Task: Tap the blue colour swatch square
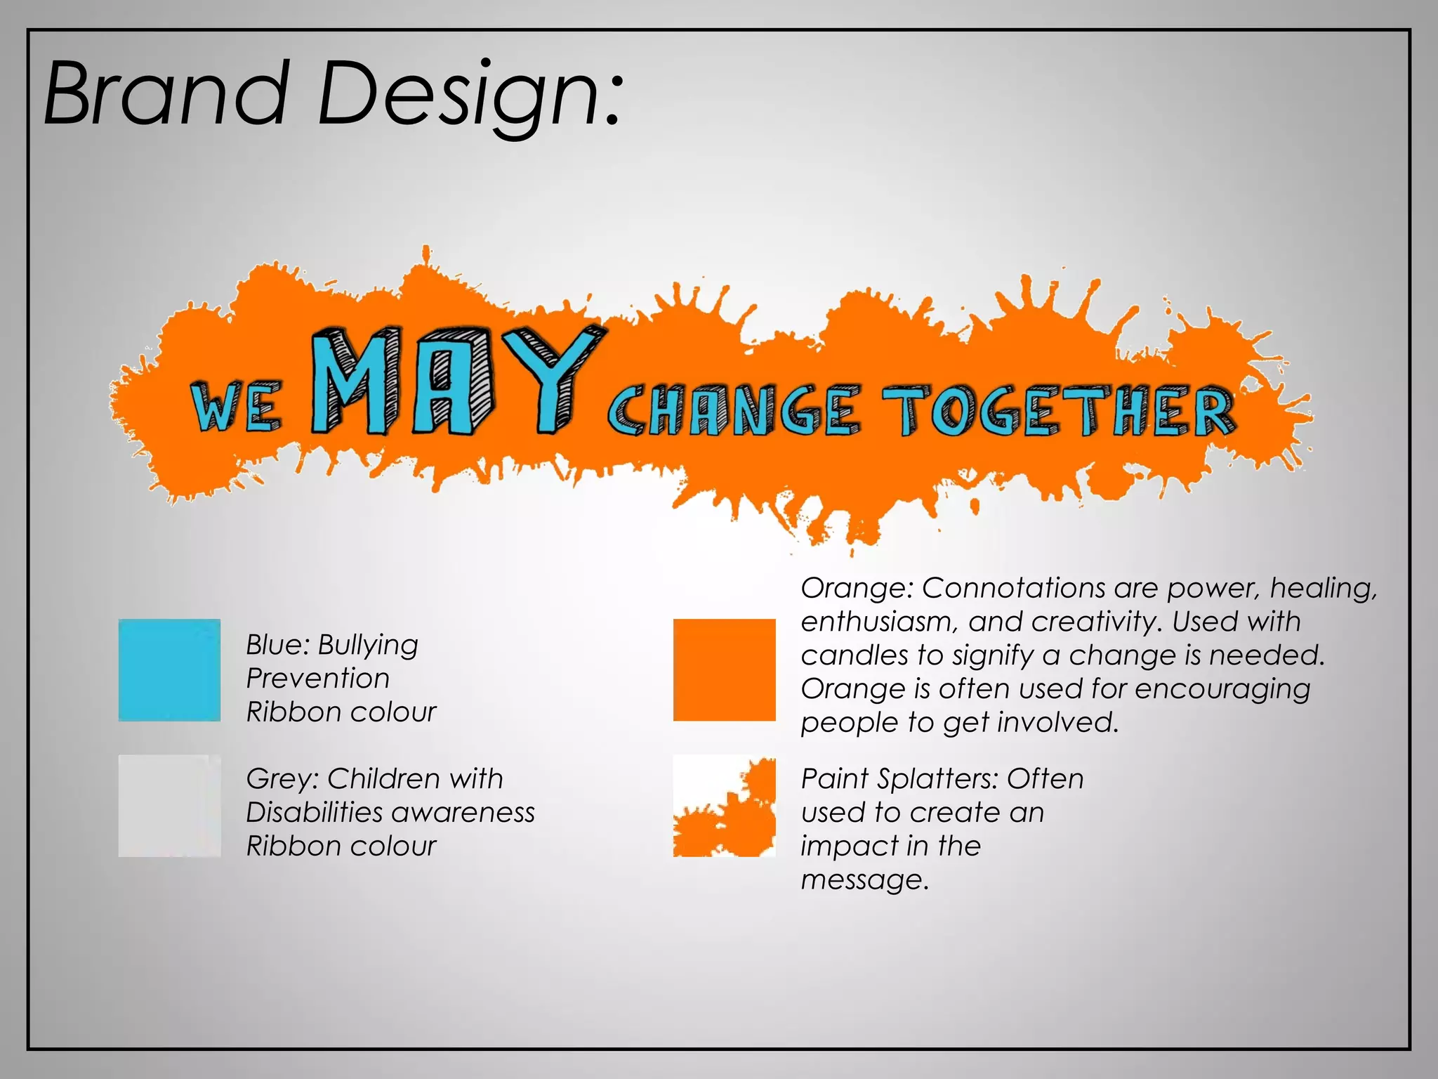pos(169,669)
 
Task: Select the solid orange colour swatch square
pos(724,669)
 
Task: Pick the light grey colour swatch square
pos(169,806)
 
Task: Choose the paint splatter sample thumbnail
pos(724,806)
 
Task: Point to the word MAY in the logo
pos(449,383)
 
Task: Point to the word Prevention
pos(317,679)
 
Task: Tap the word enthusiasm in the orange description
pos(875,622)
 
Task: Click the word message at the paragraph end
pos(864,880)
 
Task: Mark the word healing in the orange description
pos(1323,589)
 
